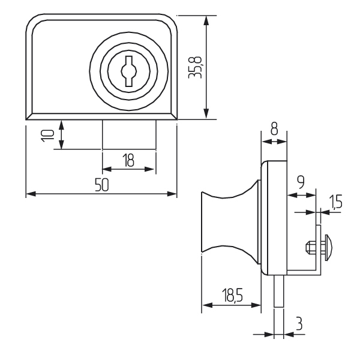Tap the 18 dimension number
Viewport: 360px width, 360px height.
128,160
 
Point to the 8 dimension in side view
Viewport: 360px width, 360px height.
274,128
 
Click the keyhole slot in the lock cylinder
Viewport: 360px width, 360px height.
129,71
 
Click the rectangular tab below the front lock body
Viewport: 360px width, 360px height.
129,133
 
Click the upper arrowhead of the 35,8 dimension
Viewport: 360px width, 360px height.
206,20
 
